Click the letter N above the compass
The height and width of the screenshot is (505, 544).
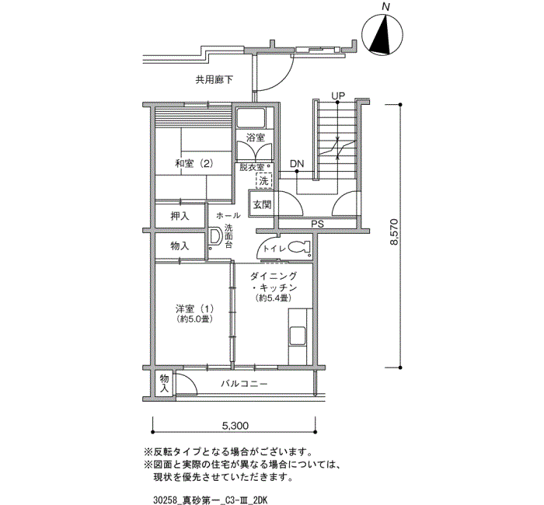tap(385, 6)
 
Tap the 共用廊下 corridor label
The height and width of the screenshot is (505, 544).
tap(214, 80)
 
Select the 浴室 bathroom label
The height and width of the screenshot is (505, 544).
tap(256, 138)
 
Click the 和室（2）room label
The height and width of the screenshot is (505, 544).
tap(194, 163)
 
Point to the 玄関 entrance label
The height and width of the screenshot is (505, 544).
tap(262, 204)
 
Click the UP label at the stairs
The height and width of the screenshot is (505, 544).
tap(338, 96)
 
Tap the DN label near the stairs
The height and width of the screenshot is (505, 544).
tap(297, 164)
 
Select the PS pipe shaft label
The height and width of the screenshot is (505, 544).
tap(317, 225)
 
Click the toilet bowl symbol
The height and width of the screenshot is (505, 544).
tap(299, 247)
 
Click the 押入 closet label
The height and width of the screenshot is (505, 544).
tap(180, 216)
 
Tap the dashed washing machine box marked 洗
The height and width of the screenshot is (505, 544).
tap(264, 181)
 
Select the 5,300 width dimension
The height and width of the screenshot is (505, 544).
tap(235, 426)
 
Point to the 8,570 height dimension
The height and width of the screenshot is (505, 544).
tap(394, 232)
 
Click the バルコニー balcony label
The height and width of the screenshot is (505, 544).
tap(244, 384)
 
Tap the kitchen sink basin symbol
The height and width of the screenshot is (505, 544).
tap(298, 336)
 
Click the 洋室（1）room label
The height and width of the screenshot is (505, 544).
tap(194, 308)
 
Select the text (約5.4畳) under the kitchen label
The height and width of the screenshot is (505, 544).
tap(273, 298)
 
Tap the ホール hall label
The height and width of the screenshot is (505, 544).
tap(228, 216)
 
